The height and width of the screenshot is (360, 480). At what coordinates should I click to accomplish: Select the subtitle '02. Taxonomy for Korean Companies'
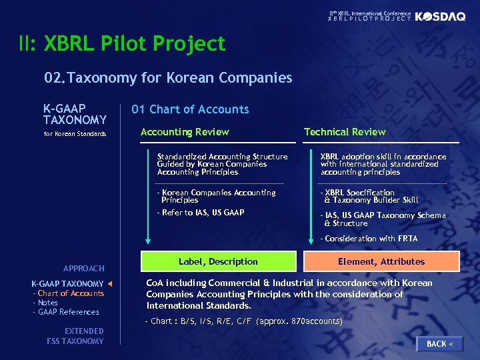click(168, 78)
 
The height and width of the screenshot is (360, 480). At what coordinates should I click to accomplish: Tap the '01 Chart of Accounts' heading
click(190, 109)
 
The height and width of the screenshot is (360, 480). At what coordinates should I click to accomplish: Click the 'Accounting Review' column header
click(185, 132)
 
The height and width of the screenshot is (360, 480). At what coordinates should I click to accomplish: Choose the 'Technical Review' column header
click(345, 132)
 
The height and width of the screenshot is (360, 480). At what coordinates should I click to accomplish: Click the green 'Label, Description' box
click(218, 261)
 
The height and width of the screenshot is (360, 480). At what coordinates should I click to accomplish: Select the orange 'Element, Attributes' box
click(381, 261)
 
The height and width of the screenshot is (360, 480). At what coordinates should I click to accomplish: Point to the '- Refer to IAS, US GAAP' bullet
click(200, 213)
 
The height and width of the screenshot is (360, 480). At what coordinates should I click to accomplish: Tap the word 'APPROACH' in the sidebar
click(84, 269)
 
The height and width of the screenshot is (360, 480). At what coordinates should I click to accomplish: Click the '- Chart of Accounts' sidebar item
click(69, 293)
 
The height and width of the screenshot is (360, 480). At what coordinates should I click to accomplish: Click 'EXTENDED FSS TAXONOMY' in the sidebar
click(76, 336)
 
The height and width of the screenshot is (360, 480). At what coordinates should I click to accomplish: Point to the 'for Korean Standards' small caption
click(75, 134)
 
